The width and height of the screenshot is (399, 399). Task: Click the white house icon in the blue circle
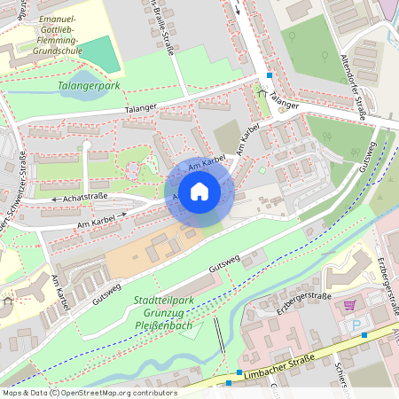pyautogui.click(x=199, y=191)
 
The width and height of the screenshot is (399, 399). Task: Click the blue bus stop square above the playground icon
pyautogui.click(x=269, y=76)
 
